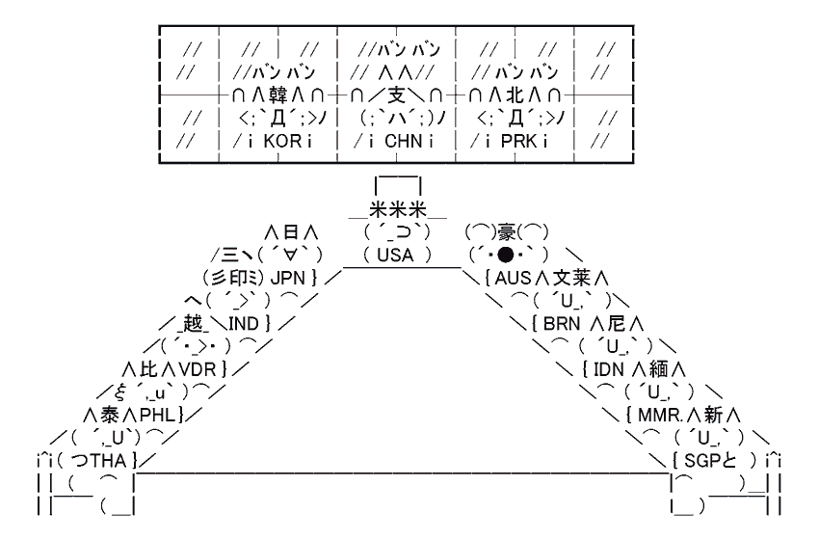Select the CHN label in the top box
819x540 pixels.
(396, 142)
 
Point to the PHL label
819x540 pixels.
(156, 415)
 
